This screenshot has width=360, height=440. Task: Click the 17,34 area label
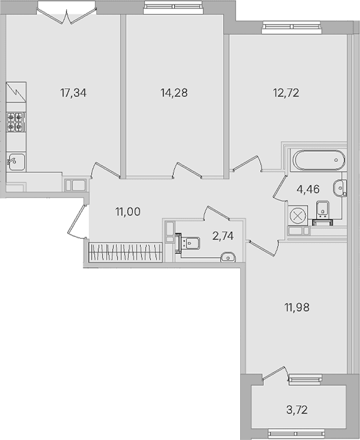[x=74, y=92]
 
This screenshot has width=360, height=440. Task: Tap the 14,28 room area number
[x=174, y=92]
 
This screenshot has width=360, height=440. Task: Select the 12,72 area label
[x=286, y=92]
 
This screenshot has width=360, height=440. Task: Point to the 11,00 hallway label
[x=128, y=212]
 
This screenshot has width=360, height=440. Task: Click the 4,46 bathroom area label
[x=308, y=189]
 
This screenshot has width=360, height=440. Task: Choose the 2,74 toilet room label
[x=223, y=236]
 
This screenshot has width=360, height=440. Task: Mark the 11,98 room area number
[x=297, y=307]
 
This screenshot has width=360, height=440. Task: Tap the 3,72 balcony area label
[x=297, y=410]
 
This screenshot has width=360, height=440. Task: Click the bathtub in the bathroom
[x=319, y=160]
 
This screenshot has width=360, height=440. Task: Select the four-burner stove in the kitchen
[x=16, y=121]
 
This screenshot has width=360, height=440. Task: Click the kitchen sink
[x=17, y=162]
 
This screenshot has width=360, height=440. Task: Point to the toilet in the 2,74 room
[x=187, y=243]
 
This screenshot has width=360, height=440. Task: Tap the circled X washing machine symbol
[x=298, y=216]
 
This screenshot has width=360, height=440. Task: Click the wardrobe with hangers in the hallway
[x=126, y=252]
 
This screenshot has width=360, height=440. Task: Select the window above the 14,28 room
[x=173, y=7]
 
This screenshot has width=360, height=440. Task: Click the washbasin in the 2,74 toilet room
[x=228, y=257]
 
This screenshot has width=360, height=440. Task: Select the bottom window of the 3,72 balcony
[x=296, y=434]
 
